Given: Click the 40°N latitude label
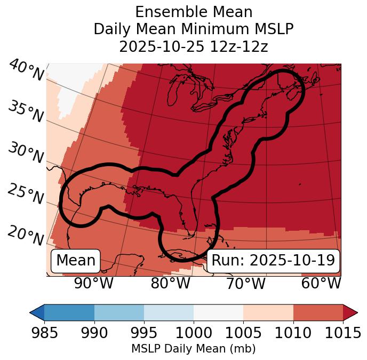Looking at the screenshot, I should (26, 71).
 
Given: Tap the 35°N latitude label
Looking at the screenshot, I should (25, 112).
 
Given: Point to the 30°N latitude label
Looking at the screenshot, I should (25, 153).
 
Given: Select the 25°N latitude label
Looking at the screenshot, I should (25, 195).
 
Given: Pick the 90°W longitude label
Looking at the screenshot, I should (93, 284).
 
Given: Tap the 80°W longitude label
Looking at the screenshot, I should (170, 284).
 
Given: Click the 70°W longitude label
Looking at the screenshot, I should (245, 284).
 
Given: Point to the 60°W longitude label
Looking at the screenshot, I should (321, 284).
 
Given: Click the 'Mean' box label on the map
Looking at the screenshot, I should (76, 261).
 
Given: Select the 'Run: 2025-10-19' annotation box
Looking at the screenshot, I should (273, 261).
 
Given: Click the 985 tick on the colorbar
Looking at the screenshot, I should (44, 333).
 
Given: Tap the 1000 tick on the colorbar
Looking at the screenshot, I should (194, 333).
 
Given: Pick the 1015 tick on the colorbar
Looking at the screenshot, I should (343, 333).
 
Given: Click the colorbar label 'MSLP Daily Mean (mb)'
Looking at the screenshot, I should (193, 349).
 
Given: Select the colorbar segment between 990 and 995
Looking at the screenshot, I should (119, 312).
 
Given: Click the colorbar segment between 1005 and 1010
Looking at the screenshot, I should (268, 312).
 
